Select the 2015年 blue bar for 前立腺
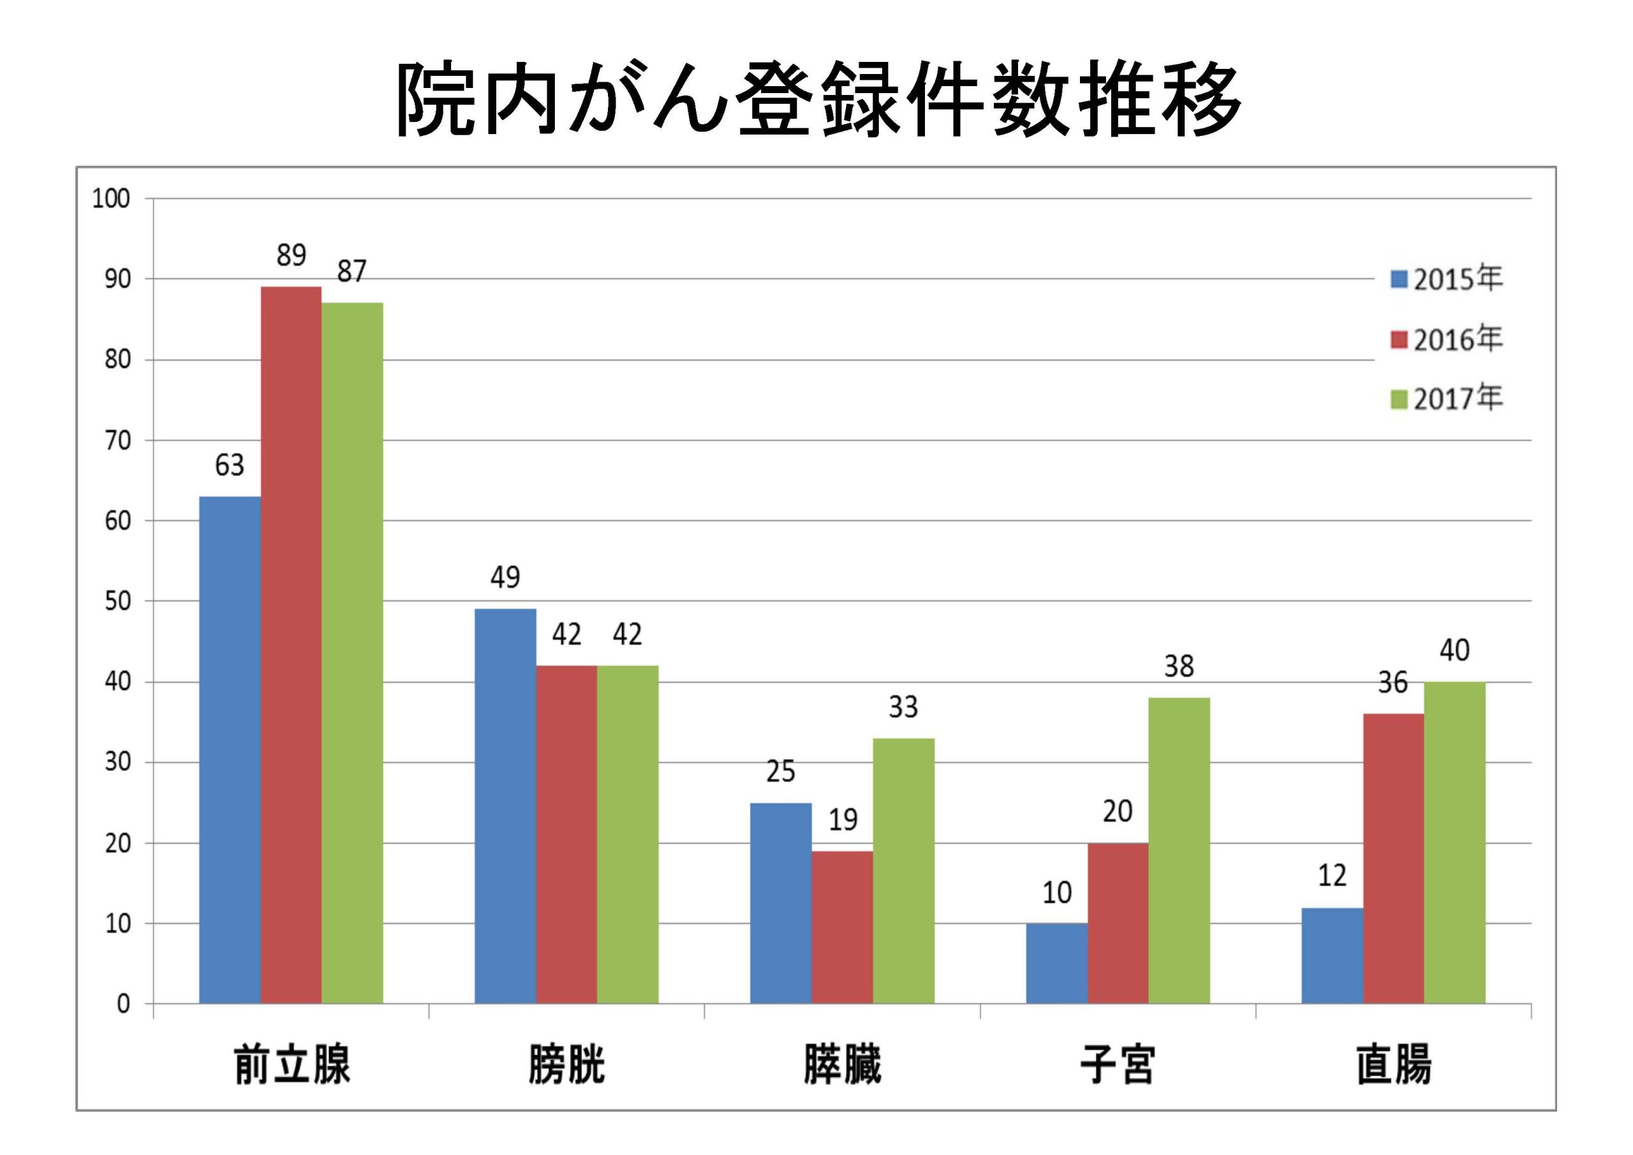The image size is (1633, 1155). coord(230,749)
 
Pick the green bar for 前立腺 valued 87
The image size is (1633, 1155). coord(352,653)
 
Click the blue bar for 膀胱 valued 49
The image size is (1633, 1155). coord(505,806)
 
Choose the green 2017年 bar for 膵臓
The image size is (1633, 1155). coord(903,871)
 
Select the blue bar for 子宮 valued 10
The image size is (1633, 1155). coord(1056,963)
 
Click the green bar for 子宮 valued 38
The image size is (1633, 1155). coord(1179,851)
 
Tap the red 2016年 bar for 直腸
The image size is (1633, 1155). coord(1393,858)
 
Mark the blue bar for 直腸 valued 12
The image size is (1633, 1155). coord(1332,955)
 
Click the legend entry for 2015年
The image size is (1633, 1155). coord(1447,279)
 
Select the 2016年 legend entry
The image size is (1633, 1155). coord(1447,339)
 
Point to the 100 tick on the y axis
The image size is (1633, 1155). coord(111,199)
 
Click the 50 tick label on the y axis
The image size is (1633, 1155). coord(117,601)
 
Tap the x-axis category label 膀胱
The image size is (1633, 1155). coord(566,1064)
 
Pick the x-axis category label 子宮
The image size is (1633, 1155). coord(1118,1064)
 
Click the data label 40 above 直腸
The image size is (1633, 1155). coord(1454,650)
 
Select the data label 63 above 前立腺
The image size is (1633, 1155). coord(230,465)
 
